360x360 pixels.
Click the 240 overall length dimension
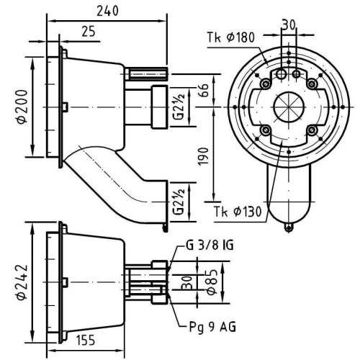point(107,11)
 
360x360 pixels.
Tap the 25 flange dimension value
point(89,32)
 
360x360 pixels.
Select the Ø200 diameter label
point(22,107)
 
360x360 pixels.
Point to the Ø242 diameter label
point(22,282)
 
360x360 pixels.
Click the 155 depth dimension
point(86,340)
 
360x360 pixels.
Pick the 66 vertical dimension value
point(203,90)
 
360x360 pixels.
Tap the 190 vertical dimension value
point(203,156)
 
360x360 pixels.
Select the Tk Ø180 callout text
point(231,37)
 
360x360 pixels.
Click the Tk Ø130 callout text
point(238,212)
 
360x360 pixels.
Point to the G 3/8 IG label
point(210,246)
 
